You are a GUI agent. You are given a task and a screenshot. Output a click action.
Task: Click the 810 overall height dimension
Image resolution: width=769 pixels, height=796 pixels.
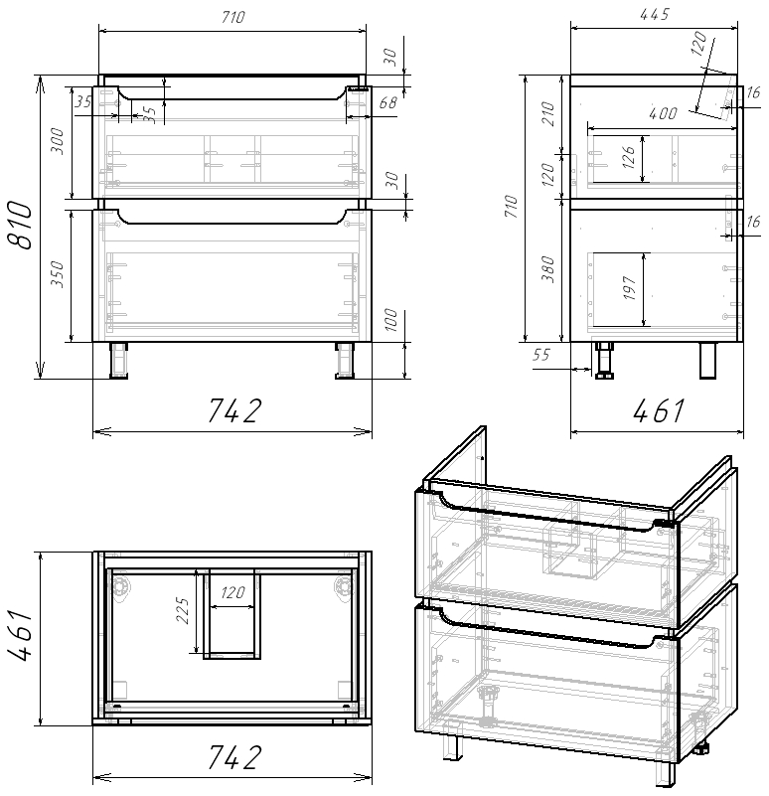tap(21, 227)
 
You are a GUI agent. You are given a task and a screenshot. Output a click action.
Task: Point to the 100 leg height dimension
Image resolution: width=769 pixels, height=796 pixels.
tap(391, 320)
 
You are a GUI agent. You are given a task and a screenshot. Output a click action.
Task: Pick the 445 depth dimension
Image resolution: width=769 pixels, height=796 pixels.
tap(656, 15)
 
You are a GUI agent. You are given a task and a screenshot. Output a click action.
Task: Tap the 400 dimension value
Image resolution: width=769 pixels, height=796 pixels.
tap(664, 114)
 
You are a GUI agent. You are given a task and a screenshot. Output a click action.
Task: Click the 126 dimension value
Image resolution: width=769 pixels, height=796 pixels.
tap(628, 159)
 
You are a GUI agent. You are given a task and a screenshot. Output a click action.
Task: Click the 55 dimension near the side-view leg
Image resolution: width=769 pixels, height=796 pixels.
tap(541, 355)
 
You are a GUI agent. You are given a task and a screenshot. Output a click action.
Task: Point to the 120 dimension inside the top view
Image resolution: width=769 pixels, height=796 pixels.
tap(231, 593)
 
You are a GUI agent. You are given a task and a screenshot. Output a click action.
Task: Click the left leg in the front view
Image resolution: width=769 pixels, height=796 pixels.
tap(119, 361)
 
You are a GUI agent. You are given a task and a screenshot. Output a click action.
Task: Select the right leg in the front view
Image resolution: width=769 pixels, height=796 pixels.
tap(345, 361)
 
